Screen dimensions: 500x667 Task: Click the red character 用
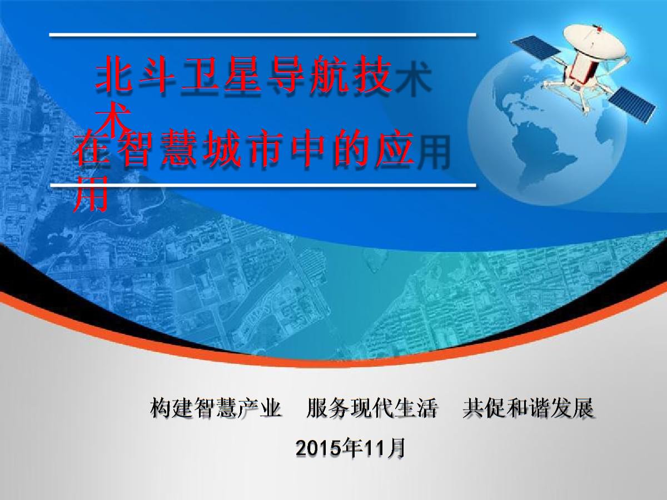point(91,194)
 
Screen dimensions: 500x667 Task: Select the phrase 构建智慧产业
point(215,409)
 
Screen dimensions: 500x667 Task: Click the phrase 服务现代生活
point(371,409)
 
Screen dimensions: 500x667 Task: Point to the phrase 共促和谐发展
point(527,409)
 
